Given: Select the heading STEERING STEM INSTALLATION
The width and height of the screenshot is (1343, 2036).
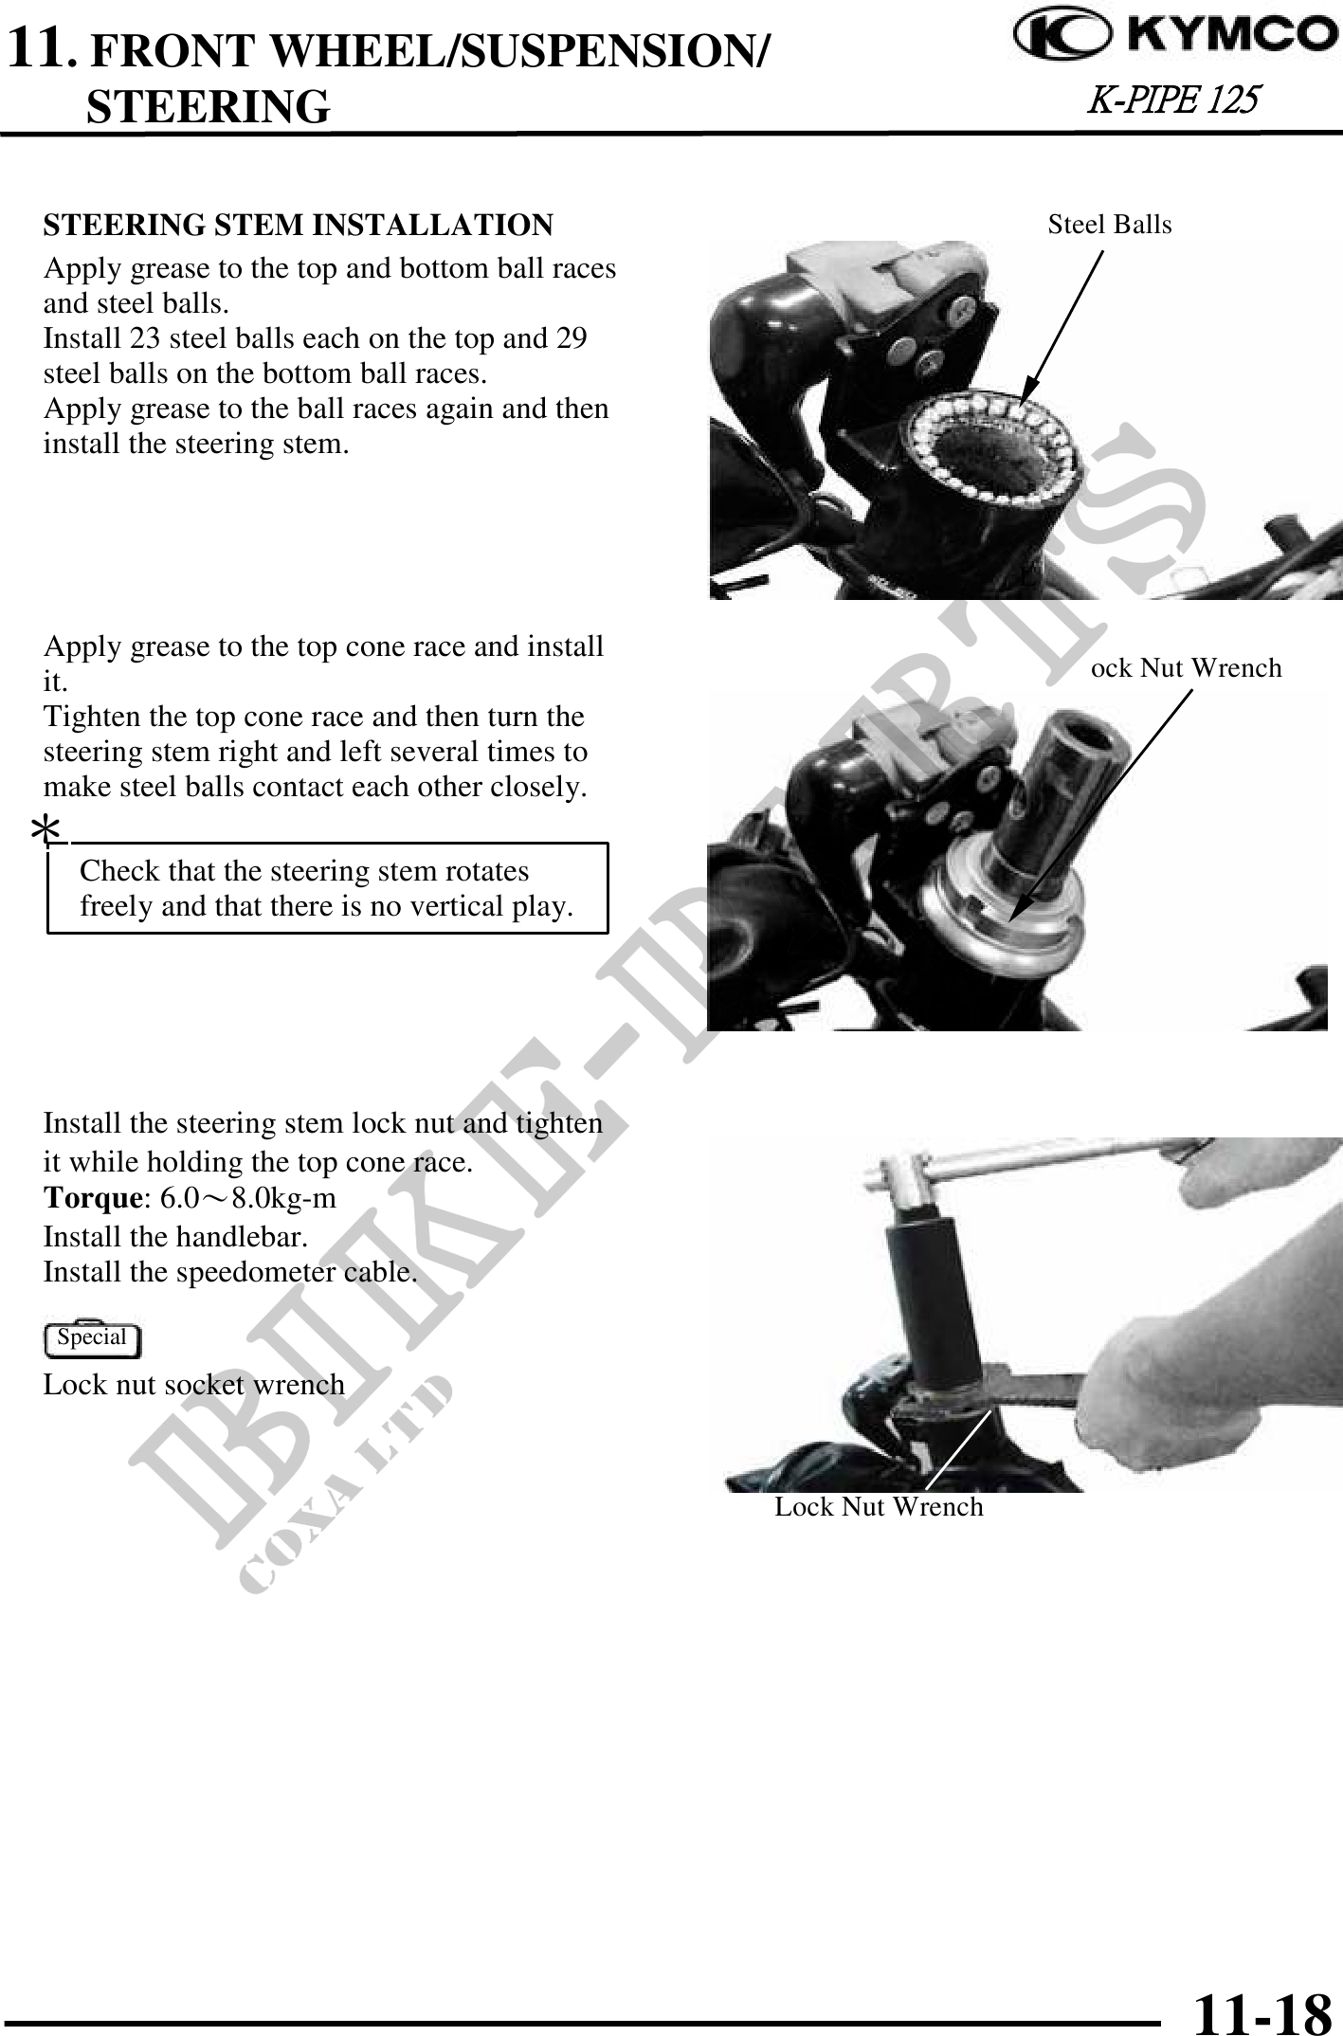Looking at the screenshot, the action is point(299,225).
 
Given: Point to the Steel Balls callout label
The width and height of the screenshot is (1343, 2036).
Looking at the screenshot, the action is point(1110,225).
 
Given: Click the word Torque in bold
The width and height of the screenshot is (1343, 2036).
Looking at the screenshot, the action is point(92,1198).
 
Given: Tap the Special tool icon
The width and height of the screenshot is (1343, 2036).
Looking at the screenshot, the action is point(93,1338).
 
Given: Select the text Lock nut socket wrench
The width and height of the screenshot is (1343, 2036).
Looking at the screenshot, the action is point(194,1385).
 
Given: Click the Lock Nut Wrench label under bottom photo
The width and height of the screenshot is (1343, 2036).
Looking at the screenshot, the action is point(879,1506).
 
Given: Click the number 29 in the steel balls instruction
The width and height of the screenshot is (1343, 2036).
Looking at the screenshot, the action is point(572,338).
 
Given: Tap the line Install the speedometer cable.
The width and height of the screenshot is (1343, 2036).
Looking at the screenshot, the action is point(230,1272).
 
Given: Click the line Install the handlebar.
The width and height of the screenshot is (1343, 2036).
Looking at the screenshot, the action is point(175,1237).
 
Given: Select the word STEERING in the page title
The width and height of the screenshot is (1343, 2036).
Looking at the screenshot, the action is point(209,106).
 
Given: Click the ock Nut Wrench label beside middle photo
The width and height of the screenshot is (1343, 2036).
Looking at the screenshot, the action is point(1187,668).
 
